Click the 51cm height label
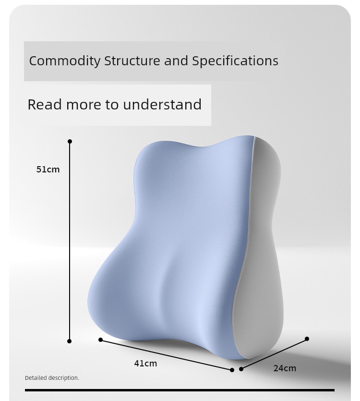click(x=48, y=170)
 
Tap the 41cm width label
click(x=145, y=364)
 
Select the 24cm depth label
click(x=285, y=368)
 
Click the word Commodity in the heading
click(x=65, y=61)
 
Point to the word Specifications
click(x=235, y=61)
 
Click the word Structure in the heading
click(x=132, y=61)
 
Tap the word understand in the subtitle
click(x=162, y=104)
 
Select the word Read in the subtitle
click(x=45, y=104)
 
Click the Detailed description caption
click(x=52, y=378)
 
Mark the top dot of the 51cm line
click(x=70, y=141)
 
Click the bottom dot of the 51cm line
click(x=69, y=341)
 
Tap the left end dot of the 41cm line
click(x=100, y=340)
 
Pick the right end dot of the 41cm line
click(x=232, y=370)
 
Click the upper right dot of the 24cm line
click(x=307, y=339)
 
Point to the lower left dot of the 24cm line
click(x=241, y=369)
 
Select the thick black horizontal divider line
click(x=180, y=390)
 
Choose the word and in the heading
click(x=176, y=61)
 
